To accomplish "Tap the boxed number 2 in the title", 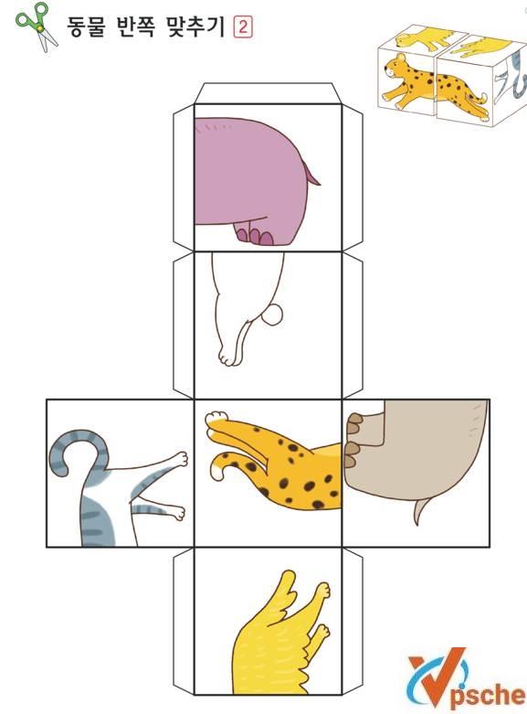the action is coord(243,27).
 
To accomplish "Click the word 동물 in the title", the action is coord(86,27).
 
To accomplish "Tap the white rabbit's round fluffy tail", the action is coord(273,315).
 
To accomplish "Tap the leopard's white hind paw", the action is coord(216,418).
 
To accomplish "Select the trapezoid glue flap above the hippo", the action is coord(268,93).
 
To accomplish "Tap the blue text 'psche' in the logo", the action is coord(488,696).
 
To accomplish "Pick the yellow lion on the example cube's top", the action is coord(424,38).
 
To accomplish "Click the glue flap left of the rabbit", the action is coord(184,325).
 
